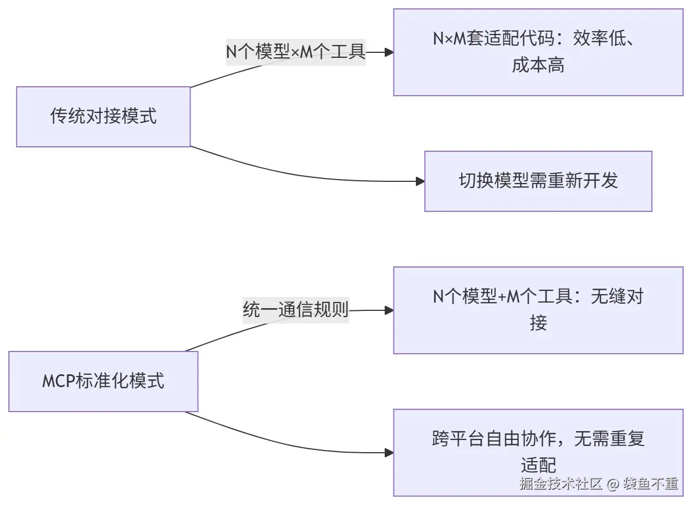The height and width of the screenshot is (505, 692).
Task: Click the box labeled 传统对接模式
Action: [x=104, y=117]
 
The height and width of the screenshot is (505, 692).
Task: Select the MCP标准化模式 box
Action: [x=104, y=382]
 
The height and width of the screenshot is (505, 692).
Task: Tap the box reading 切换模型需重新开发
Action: [x=538, y=181]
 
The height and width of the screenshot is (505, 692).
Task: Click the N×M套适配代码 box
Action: [x=538, y=52]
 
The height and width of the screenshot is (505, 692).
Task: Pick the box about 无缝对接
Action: [x=538, y=310]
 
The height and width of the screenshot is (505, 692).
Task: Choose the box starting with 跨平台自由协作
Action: [x=538, y=453]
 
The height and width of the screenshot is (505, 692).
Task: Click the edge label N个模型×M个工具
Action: [x=296, y=52]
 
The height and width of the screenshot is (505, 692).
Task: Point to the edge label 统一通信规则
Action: [x=296, y=310]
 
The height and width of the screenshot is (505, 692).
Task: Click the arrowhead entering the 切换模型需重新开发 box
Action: [x=420, y=181]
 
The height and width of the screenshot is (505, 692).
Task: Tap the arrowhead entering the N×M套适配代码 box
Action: [x=389, y=52]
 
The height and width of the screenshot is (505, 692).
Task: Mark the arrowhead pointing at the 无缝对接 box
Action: [x=389, y=310]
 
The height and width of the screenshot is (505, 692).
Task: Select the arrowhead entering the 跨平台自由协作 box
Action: [x=389, y=453]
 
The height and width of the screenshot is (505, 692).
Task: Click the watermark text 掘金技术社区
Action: [x=561, y=483]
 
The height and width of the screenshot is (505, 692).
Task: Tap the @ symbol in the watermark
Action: [x=613, y=484]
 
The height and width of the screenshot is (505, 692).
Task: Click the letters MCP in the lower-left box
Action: [x=58, y=381]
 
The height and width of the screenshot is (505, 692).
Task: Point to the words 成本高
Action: [x=538, y=65]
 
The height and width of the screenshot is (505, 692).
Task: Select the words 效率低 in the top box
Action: [x=600, y=38]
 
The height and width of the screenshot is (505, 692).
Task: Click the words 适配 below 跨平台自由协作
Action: [x=538, y=465]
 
